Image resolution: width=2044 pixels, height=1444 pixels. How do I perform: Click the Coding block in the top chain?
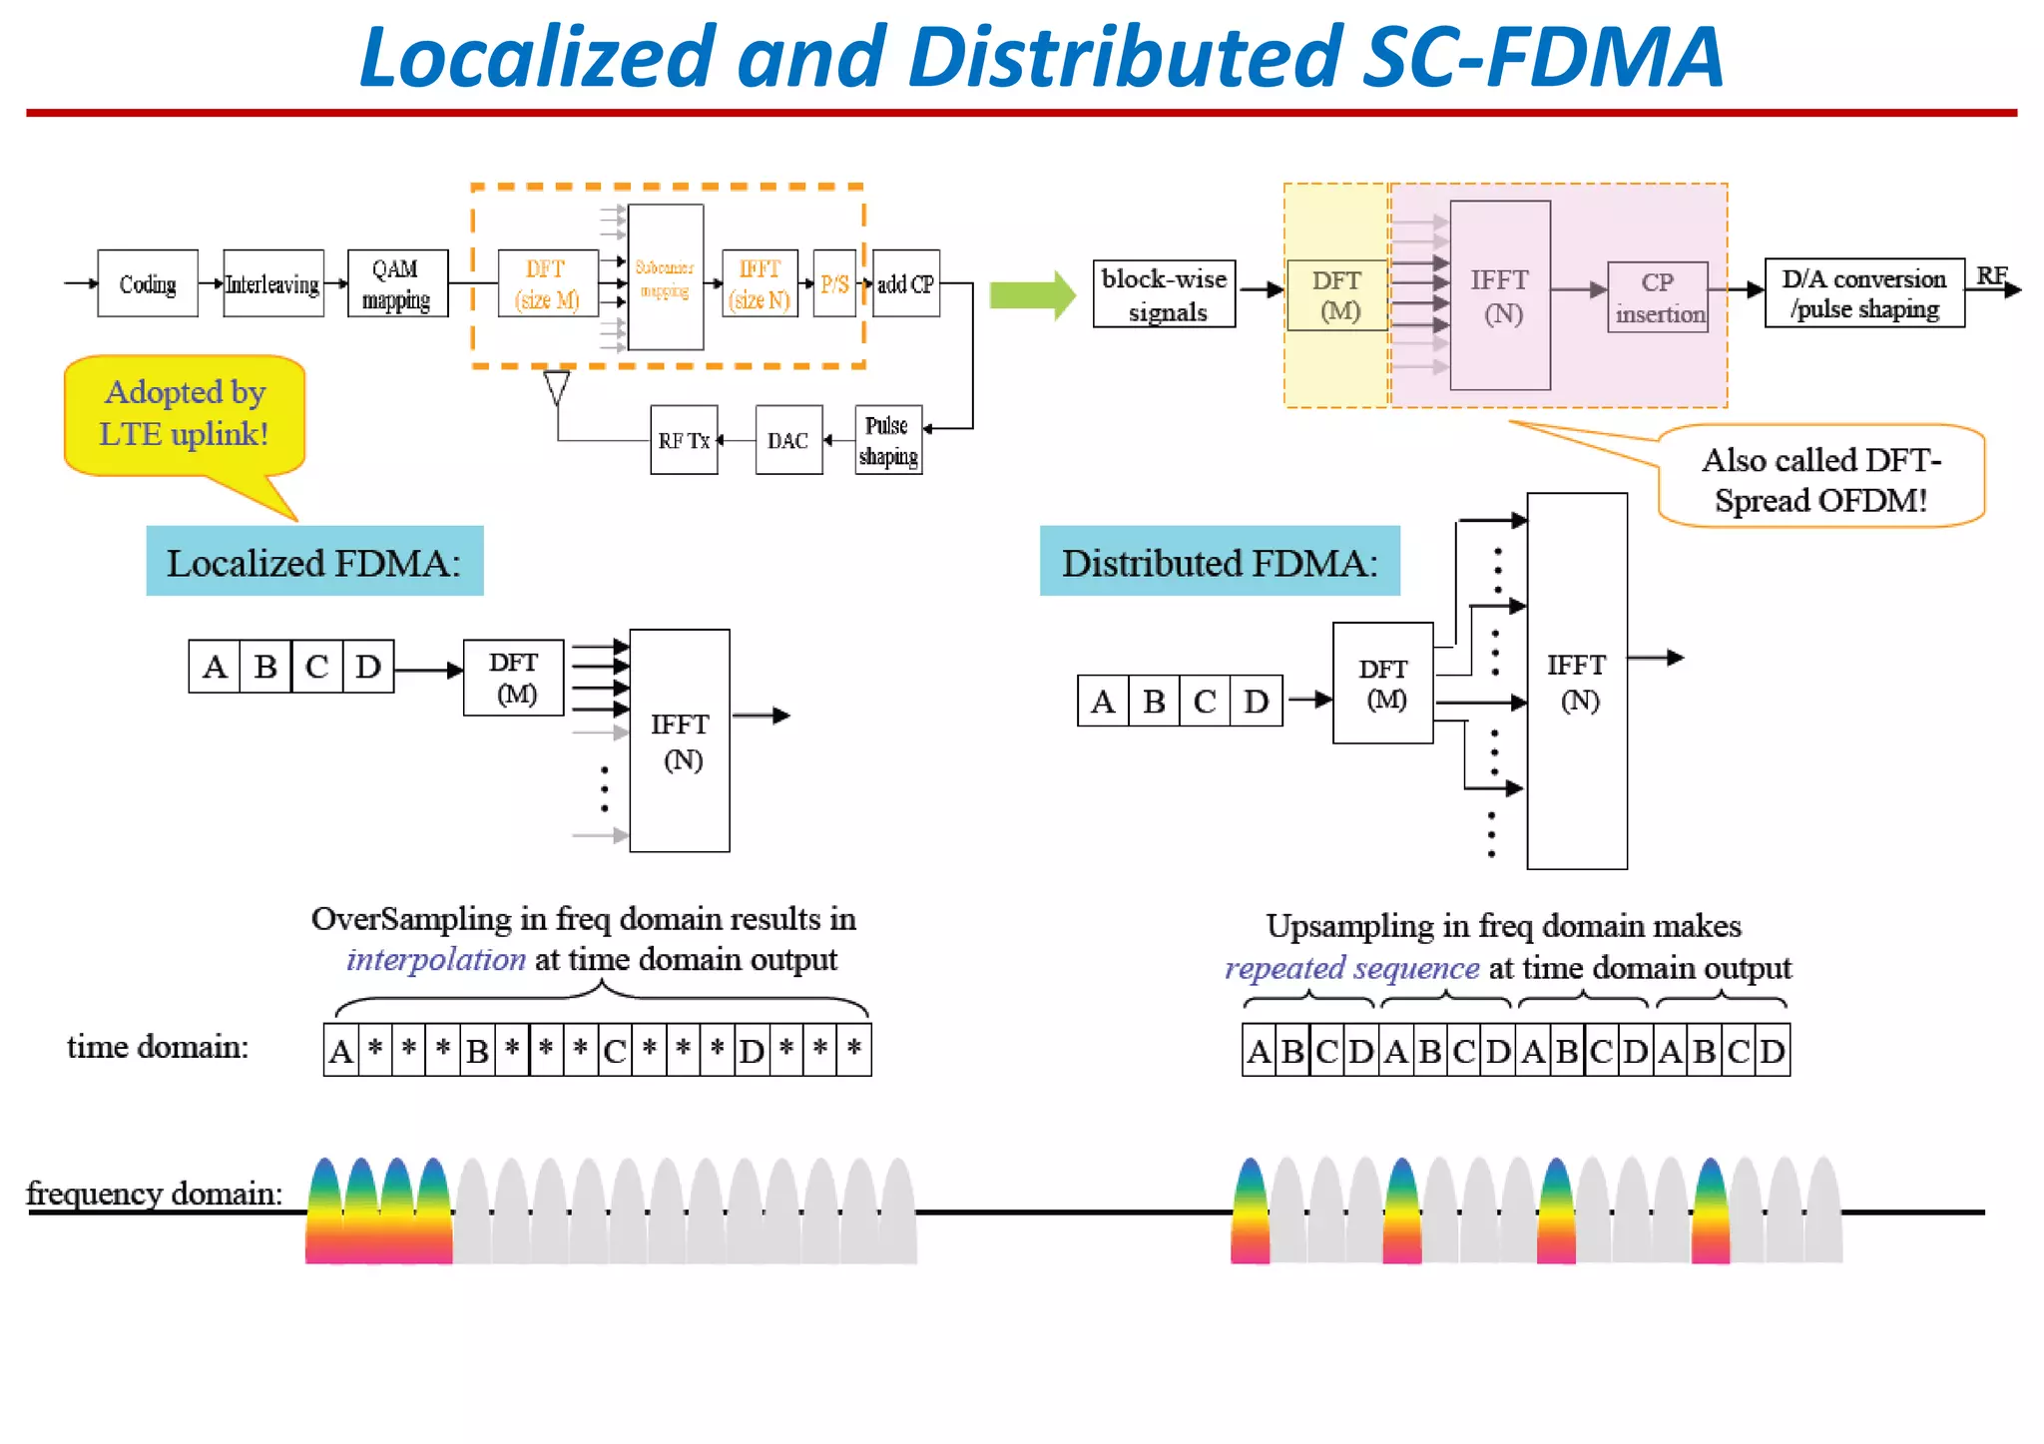click(x=148, y=283)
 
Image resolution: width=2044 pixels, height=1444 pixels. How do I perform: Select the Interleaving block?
click(x=272, y=283)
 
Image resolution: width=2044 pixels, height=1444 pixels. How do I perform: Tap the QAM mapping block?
click(x=397, y=283)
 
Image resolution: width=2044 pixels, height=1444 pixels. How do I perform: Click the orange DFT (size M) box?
click(x=547, y=283)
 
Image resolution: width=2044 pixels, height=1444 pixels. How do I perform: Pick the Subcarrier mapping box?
click(x=666, y=277)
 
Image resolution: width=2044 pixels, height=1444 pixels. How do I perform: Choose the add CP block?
click(x=905, y=283)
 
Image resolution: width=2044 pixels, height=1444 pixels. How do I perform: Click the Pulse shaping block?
click(x=887, y=440)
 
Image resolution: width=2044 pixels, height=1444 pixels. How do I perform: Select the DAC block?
click(x=788, y=440)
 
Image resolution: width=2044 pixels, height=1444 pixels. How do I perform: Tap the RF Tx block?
click(x=684, y=440)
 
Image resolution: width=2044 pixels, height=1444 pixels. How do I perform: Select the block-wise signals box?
click(x=1164, y=294)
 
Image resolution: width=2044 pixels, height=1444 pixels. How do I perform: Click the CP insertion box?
click(x=1658, y=297)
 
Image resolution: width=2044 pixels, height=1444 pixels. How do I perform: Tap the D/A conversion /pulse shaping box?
click(x=1863, y=292)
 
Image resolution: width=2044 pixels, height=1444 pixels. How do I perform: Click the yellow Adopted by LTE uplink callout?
click(x=185, y=413)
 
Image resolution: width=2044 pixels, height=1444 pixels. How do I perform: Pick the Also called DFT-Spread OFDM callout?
click(x=1820, y=478)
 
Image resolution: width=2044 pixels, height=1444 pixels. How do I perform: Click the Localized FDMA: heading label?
click(x=314, y=562)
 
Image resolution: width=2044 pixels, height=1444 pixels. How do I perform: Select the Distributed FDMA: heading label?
click(x=1219, y=562)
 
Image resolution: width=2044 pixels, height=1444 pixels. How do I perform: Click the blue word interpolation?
click(x=435, y=959)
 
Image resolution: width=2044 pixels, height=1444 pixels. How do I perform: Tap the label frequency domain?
click(x=154, y=1194)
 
